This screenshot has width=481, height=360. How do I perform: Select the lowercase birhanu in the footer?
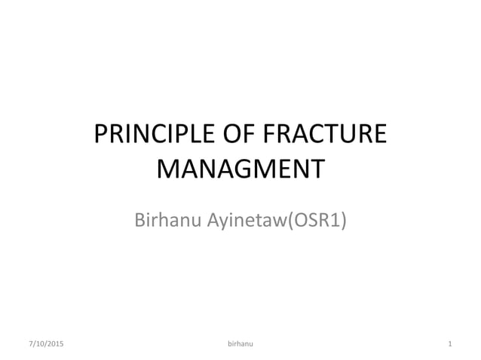point(240,344)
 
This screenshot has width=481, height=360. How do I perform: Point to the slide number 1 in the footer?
point(449,344)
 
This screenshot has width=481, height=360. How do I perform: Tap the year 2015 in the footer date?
point(56,344)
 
